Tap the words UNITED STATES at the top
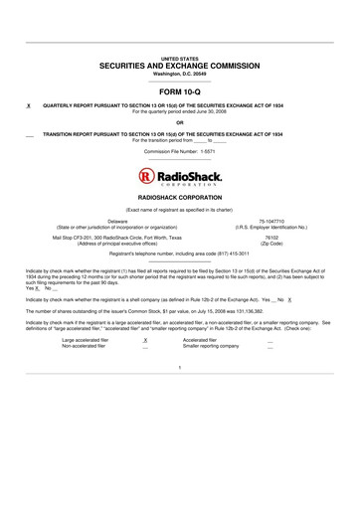180,59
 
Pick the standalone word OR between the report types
180,122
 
